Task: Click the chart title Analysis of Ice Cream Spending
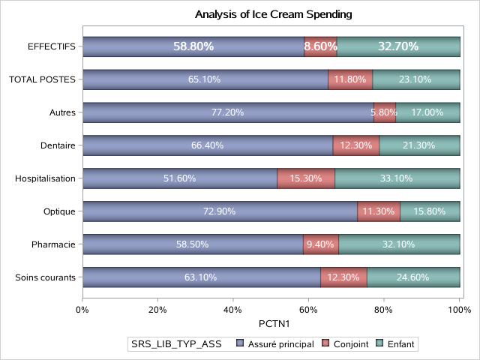(x=273, y=14)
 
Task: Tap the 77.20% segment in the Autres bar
(x=228, y=112)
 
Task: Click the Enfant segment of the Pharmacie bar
(x=399, y=244)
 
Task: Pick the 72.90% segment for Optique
(x=220, y=211)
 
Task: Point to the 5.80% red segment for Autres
(x=385, y=112)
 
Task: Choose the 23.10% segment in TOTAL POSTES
(x=416, y=79)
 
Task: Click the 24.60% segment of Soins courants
(x=413, y=277)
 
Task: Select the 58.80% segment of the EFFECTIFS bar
(x=193, y=46)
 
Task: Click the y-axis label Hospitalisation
(x=46, y=178)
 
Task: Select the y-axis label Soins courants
(x=46, y=277)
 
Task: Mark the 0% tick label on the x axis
(x=82, y=308)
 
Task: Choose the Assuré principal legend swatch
(x=240, y=344)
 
